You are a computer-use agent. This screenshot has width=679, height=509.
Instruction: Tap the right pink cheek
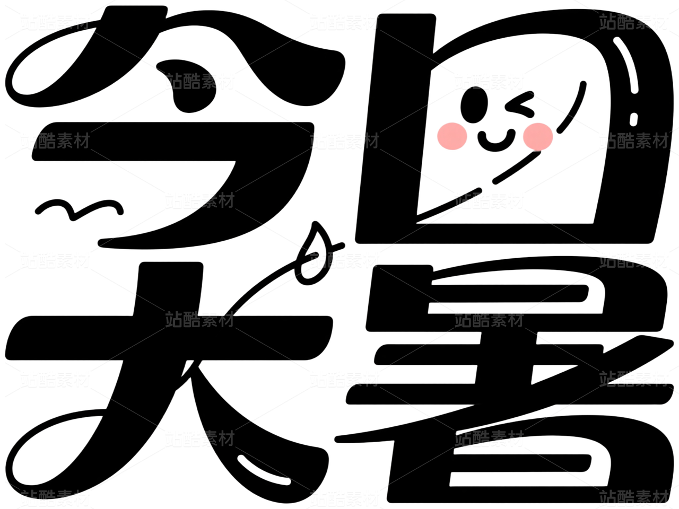tap(537, 136)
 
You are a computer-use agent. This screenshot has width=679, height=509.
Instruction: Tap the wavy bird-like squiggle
tap(80, 208)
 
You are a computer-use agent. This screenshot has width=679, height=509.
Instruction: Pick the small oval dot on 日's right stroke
tap(634, 118)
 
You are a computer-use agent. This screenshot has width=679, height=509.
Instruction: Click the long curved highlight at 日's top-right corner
tap(627, 64)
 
